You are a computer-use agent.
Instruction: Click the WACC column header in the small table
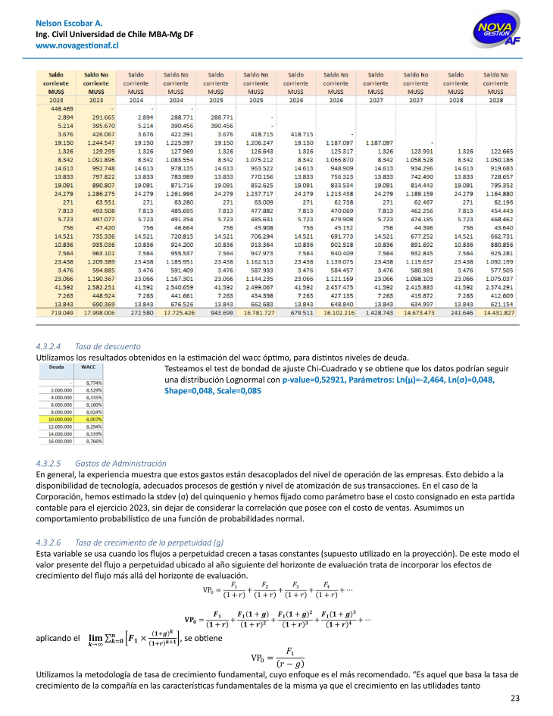click(89, 365)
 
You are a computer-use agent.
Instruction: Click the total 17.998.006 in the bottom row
click(99, 312)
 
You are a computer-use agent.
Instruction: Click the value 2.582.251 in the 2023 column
click(99, 287)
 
